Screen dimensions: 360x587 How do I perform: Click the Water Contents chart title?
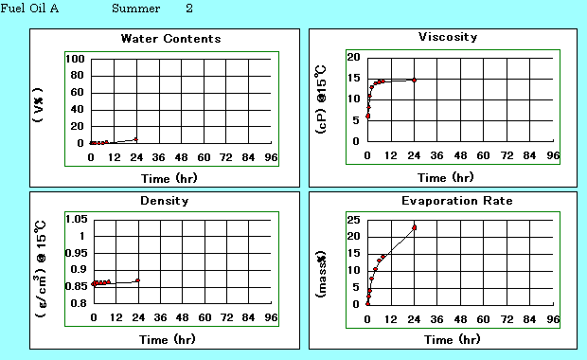[170, 39]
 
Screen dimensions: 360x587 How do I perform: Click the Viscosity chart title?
[448, 37]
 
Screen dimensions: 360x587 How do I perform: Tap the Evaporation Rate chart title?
[444, 201]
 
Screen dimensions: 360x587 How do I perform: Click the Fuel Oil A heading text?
[32, 9]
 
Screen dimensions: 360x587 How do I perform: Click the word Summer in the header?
[135, 9]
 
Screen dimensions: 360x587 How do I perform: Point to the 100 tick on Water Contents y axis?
[76, 59]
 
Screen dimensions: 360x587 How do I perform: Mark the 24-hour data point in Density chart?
[137, 280]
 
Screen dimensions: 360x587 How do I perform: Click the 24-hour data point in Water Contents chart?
[136, 139]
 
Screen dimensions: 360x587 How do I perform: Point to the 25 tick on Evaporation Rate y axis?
[352, 219]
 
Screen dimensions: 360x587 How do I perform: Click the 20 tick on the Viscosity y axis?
[352, 57]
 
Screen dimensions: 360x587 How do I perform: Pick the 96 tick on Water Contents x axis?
[271, 157]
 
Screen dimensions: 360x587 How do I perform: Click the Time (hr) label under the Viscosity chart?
[446, 177]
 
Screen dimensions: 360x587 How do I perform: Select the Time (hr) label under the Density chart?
[170, 339]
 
